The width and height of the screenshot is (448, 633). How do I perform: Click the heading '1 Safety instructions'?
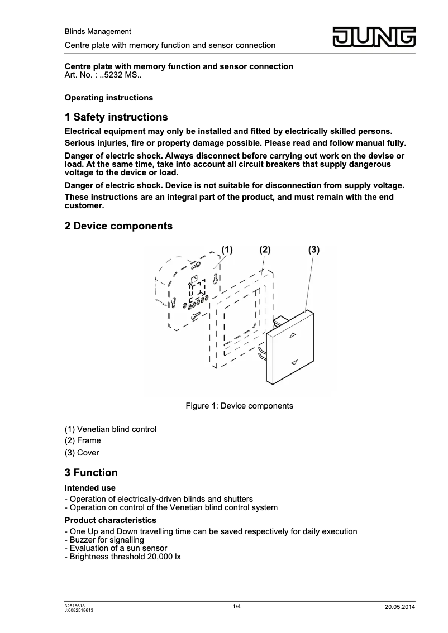click(116, 117)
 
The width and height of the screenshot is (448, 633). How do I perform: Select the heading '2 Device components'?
click(118, 226)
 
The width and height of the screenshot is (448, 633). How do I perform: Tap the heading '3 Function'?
click(91, 473)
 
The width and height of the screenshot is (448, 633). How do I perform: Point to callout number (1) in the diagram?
click(226, 250)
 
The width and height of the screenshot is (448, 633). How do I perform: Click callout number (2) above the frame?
click(265, 250)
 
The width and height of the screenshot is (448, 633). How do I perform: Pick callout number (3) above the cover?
click(313, 250)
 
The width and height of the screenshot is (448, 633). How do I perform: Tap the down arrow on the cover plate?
click(294, 362)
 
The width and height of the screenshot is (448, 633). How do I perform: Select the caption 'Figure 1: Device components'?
click(239, 406)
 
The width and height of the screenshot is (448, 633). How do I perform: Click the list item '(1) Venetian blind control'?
click(111, 429)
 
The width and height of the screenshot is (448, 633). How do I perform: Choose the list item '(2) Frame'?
click(83, 440)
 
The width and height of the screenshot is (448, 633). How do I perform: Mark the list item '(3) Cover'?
click(82, 453)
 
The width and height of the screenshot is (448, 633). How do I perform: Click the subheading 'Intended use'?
click(90, 488)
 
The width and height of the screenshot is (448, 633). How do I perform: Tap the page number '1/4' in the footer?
click(237, 606)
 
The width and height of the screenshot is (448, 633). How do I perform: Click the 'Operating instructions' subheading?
click(109, 98)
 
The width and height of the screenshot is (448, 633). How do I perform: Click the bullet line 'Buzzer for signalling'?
click(106, 540)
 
